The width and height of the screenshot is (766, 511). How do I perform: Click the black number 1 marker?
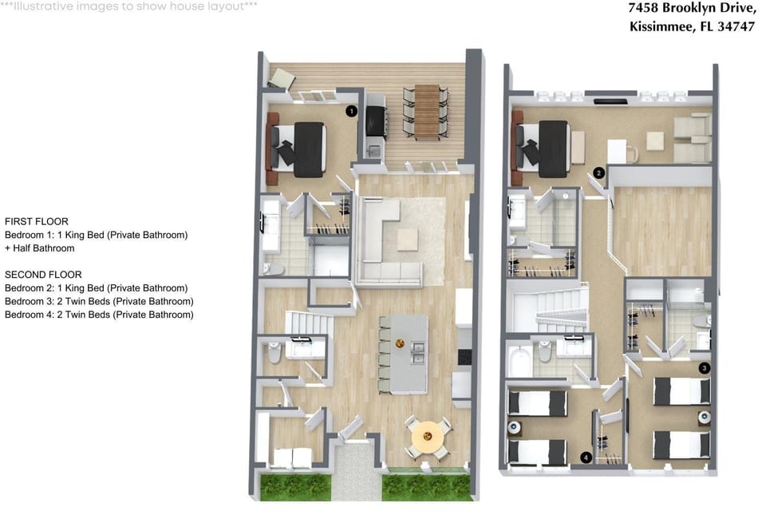click(351, 111)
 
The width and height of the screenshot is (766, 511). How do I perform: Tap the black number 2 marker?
click(599, 172)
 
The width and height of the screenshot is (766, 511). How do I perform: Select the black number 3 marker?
click(704, 368)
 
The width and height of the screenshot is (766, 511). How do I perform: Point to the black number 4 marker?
click(586, 458)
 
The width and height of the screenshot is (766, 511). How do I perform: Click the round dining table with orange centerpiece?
click(428, 436)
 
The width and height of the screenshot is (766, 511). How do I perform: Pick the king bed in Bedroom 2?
click(543, 149)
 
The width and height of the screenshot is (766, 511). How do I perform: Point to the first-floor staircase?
click(309, 323)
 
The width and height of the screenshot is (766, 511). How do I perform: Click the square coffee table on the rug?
click(408, 240)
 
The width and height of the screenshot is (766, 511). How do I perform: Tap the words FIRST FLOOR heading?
click(37, 221)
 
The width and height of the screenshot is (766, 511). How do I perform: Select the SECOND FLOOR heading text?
click(43, 275)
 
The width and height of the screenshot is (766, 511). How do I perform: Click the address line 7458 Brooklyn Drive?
click(692, 8)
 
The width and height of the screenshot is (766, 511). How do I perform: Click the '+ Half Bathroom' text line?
click(40, 248)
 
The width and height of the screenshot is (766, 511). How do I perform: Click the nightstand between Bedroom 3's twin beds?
click(704, 417)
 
